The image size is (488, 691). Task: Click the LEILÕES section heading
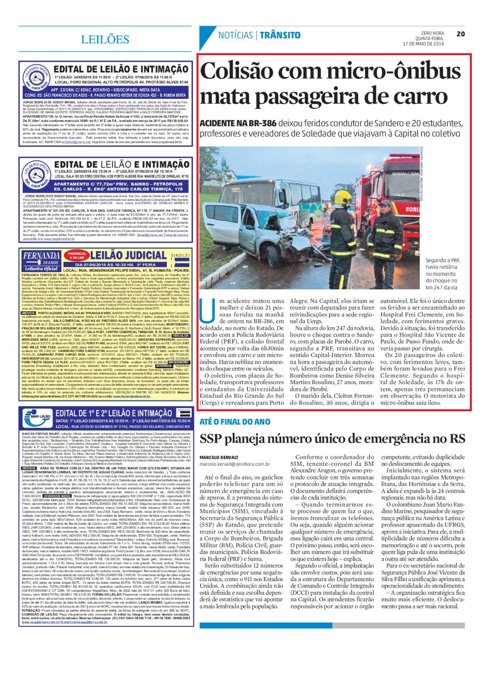(x=105, y=39)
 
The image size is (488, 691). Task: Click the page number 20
(x=460, y=34)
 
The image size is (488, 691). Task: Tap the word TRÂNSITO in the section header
(x=280, y=35)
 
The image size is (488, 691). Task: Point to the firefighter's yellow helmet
(x=342, y=197)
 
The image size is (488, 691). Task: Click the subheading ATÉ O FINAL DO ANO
(x=235, y=422)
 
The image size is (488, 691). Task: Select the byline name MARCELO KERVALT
(x=219, y=457)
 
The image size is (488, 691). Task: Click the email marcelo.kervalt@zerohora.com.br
(x=234, y=464)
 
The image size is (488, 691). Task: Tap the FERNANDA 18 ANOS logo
(x=41, y=261)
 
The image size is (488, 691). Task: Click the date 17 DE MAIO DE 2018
(x=423, y=44)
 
